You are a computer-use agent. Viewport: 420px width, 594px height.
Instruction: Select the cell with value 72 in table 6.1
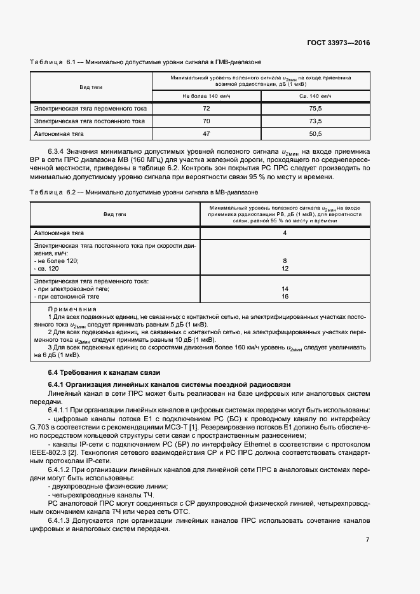206,109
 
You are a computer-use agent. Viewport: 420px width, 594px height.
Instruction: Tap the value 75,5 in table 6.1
315,109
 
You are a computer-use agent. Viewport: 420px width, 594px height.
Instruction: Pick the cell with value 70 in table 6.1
206,121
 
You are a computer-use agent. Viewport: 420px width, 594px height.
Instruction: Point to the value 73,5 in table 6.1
315,121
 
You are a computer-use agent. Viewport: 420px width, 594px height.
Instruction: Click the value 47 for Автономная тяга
206,134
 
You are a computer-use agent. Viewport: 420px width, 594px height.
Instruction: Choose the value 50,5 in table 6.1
315,134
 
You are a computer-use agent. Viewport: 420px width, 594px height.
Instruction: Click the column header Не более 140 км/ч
206,95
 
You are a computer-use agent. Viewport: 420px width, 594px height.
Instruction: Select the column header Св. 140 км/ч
315,95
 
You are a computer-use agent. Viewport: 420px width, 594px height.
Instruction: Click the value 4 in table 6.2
285,233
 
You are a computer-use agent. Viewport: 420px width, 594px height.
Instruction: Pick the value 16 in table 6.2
285,296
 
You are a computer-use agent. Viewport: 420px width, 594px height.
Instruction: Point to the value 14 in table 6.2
285,289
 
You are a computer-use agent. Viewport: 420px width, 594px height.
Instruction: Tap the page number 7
367,539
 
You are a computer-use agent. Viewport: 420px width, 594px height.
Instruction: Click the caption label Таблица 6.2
53,191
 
